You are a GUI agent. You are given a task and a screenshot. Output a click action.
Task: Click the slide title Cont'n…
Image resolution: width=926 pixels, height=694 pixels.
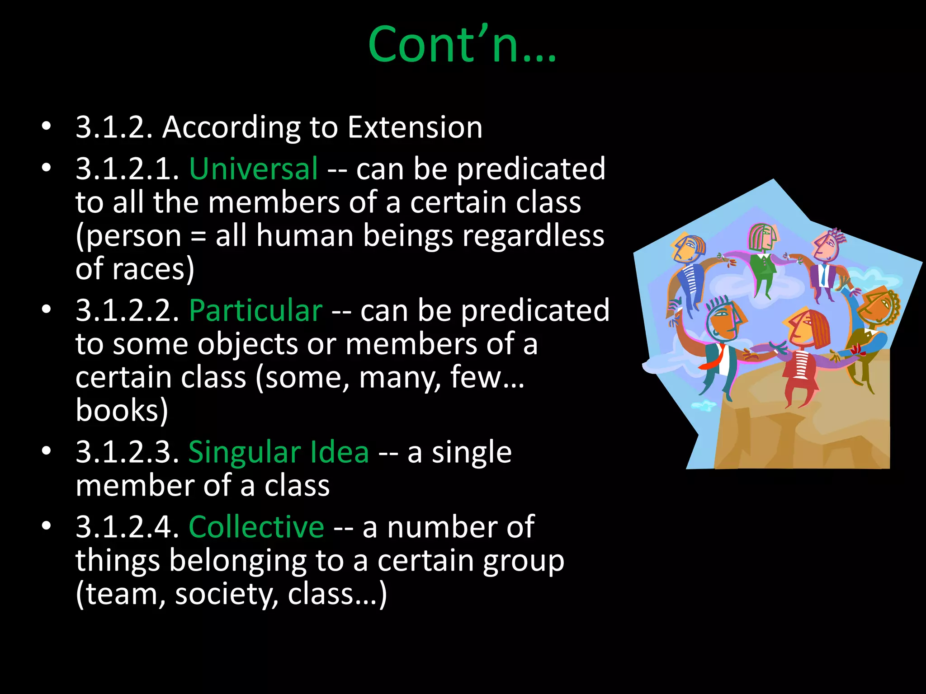462,44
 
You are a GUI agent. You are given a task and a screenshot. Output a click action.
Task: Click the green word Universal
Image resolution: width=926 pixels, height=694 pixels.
253,169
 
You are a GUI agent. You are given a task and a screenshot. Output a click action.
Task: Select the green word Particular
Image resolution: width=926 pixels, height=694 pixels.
255,310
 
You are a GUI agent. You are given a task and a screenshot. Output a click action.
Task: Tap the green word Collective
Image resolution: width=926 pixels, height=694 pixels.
256,527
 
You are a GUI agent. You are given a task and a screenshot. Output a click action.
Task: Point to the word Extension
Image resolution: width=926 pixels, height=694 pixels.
415,127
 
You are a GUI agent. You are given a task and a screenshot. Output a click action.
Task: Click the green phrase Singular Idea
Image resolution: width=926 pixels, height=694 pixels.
279,452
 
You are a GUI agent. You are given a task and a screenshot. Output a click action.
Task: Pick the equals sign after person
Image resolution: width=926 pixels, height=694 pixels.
198,236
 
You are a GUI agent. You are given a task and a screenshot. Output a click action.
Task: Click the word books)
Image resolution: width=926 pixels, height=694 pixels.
122,410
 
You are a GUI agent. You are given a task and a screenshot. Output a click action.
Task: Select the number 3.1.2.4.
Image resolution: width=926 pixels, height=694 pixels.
128,527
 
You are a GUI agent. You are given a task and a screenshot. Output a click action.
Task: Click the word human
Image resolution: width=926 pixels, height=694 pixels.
304,236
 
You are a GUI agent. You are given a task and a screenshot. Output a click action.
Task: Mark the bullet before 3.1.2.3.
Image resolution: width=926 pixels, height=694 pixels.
46,451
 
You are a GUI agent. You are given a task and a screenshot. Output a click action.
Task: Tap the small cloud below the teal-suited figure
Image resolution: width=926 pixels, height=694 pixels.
704,405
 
